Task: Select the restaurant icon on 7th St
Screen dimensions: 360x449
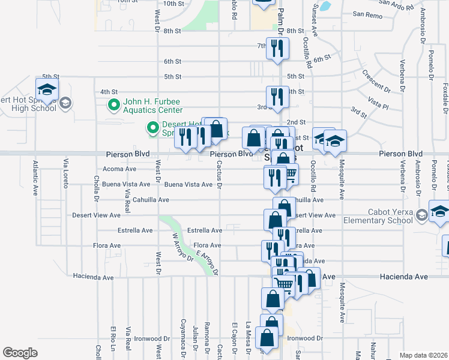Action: coord(277,47)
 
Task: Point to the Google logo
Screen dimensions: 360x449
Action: coord(20,353)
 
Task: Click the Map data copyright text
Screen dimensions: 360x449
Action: coord(423,355)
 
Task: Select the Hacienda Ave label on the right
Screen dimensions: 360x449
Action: coord(404,277)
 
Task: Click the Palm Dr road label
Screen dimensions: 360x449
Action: coord(280,21)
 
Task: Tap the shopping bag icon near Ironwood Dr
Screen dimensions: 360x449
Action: coord(266,338)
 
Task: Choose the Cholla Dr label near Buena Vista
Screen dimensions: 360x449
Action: coord(96,185)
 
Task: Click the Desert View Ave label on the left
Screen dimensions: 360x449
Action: coord(92,215)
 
